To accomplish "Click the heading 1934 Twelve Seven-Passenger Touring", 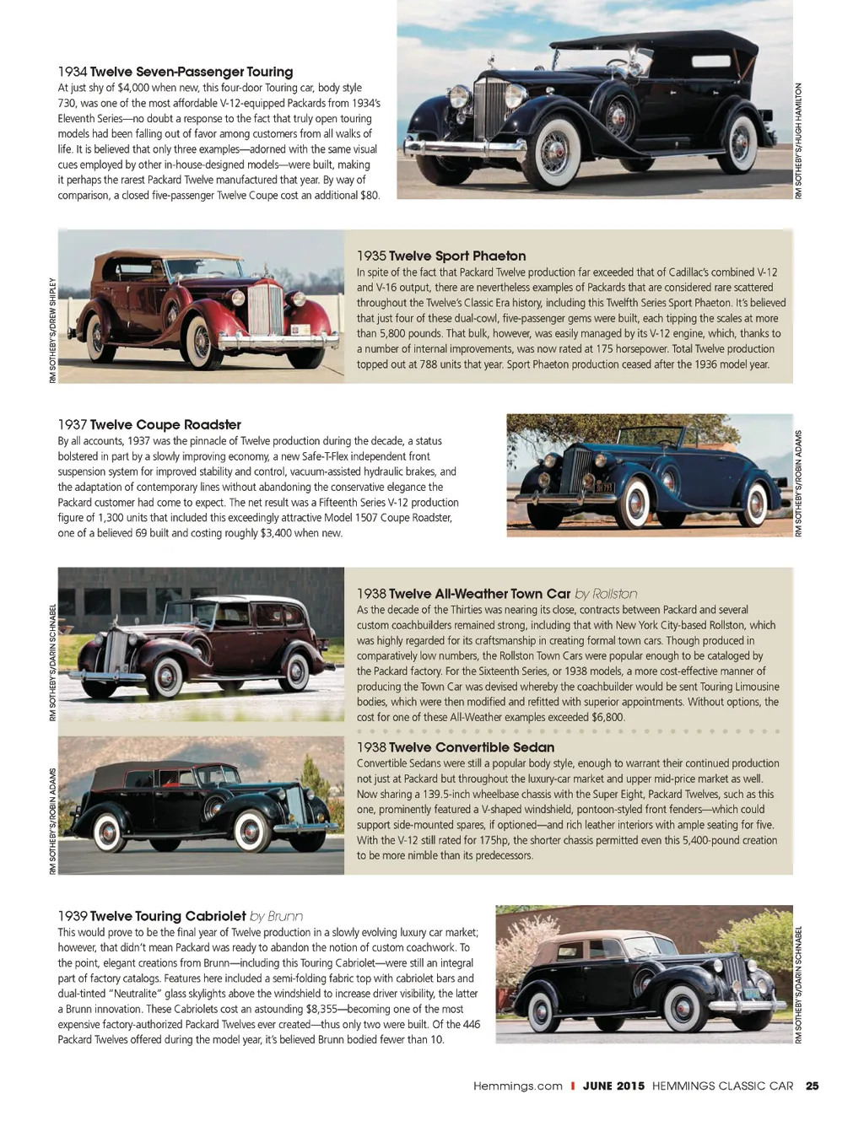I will pos(175,72).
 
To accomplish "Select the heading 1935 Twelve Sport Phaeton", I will pos(440,256).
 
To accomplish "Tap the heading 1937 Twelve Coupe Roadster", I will pos(149,424).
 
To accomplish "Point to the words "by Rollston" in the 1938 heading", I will pos(606,594).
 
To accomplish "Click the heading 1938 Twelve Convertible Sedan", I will pos(456,747).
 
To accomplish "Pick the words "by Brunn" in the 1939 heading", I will pos(276,916).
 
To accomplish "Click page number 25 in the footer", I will pos(812,1086).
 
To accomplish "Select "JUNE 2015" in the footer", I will pos(613,1086).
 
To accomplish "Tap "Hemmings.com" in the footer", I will pos(517,1086).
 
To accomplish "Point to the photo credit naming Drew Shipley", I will pos(52,330).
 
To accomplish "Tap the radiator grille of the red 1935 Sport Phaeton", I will pos(265,309).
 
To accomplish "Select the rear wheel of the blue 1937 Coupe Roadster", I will pos(757,504).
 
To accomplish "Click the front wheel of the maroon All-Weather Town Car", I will pos(167,676).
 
